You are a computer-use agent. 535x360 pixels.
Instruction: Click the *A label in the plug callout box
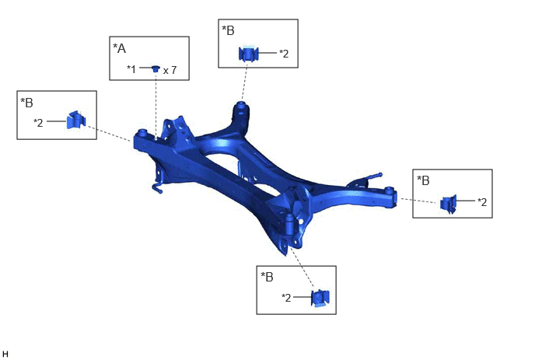pos(120,48)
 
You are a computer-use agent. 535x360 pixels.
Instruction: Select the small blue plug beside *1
pos(156,69)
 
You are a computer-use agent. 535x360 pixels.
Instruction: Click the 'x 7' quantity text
pos(170,70)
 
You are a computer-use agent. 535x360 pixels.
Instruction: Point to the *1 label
pos(131,69)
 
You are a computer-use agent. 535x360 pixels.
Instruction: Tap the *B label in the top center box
pos(229,30)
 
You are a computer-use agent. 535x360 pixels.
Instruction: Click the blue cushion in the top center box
pos(248,54)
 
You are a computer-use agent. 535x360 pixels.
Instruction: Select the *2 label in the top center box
pos(284,54)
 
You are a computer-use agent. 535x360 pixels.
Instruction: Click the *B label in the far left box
pos(27,103)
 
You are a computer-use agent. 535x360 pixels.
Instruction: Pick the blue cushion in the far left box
pos(76,120)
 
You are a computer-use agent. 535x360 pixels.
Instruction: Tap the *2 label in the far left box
pos(38,123)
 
